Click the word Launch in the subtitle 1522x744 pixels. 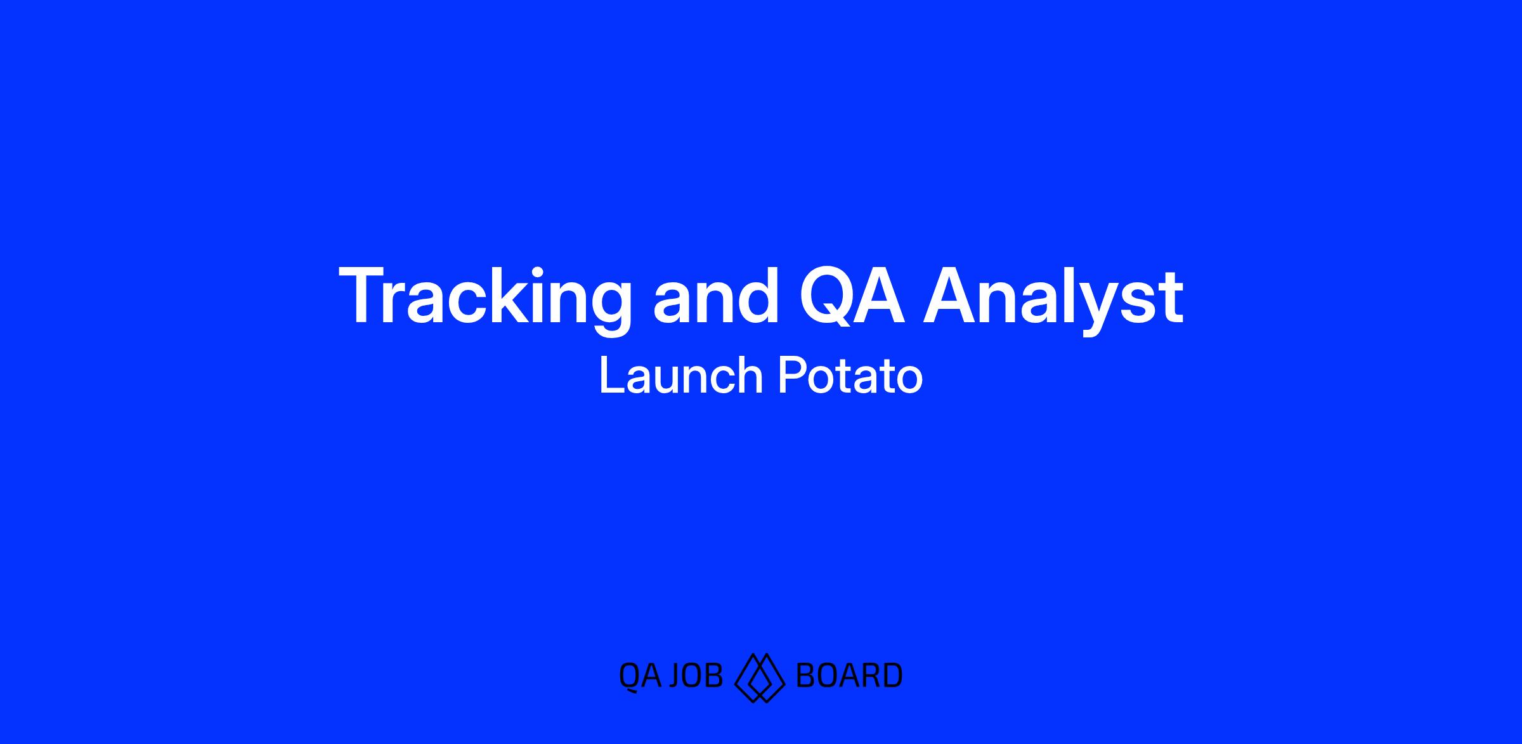pyautogui.click(x=680, y=375)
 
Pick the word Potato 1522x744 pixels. pyautogui.click(x=850, y=375)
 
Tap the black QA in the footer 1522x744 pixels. pyautogui.click(x=640, y=675)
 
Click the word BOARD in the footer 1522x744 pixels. pyautogui.click(x=849, y=675)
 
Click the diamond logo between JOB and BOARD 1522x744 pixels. pyautogui.click(x=760, y=677)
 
